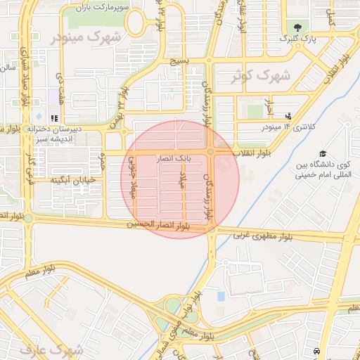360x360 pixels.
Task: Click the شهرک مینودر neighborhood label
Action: tap(77, 36)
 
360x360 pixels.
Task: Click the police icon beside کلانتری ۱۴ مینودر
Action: tap(288, 116)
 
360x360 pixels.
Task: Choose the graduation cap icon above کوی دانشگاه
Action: tap(323, 153)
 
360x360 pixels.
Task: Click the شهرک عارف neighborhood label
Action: tap(61, 349)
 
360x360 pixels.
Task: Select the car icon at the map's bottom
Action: tap(317, 349)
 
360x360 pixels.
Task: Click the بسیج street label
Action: tap(179, 62)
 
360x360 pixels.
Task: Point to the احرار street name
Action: tap(268, 107)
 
